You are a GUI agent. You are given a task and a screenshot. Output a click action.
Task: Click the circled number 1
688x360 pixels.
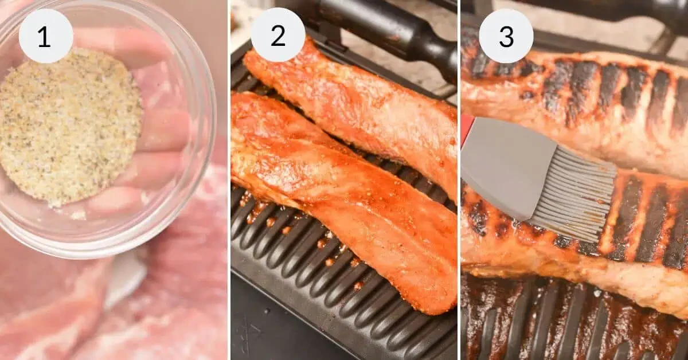[x=46, y=36]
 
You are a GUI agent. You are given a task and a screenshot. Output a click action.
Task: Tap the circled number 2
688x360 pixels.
[x=278, y=36]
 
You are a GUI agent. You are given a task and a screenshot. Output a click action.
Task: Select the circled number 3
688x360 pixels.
[x=506, y=36]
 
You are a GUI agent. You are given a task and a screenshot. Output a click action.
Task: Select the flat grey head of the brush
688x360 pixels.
[x=505, y=166]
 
